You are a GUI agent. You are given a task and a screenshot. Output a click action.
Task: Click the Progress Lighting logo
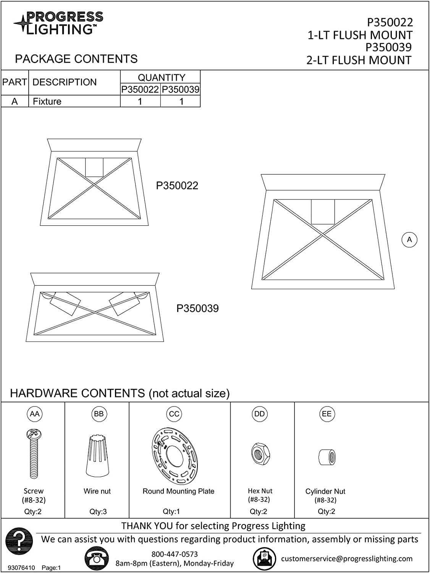tap(58, 23)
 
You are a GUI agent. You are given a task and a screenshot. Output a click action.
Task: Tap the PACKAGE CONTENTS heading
tap(76, 59)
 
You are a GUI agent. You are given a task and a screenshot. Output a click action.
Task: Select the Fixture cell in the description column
tap(47, 102)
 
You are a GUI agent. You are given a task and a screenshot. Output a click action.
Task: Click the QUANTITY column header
tap(161, 78)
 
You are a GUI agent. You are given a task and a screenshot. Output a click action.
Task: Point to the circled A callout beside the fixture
tap(409, 240)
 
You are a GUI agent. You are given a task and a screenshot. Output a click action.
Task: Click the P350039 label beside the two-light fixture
tap(197, 309)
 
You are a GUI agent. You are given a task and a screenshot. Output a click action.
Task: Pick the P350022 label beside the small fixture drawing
tap(177, 186)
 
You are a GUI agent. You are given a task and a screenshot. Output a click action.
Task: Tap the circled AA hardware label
tap(34, 414)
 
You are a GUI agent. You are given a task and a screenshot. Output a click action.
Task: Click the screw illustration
tap(34, 454)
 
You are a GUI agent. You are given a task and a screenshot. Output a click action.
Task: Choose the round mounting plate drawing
tap(175, 456)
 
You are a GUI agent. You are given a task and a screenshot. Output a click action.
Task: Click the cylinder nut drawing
tap(327, 457)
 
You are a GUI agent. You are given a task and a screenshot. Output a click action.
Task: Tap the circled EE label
tap(327, 414)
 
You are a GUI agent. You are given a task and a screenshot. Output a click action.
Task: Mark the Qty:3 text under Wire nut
tap(98, 512)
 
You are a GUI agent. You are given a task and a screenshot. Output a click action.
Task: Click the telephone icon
tap(96, 559)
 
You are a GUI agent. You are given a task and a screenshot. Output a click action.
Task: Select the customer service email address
tap(347, 559)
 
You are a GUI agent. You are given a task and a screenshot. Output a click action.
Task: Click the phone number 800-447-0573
tap(175, 554)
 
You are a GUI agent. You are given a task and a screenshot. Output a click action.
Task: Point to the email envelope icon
tap(264, 559)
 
